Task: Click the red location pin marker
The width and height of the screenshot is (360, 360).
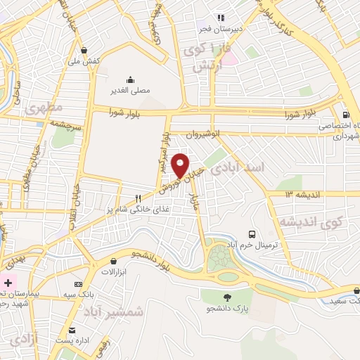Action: [x=181, y=165]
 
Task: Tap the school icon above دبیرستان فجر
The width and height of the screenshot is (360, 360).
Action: [x=221, y=18]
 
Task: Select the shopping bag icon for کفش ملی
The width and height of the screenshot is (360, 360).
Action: [x=84, y=50]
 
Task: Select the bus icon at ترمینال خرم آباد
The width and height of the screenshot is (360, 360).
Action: [x=251, y=233]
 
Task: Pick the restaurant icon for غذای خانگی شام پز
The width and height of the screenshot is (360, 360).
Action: [x=139, y=198]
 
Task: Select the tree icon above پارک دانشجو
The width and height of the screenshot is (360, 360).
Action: [x=226, y=297]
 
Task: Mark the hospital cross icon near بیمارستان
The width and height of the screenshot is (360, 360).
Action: [x=8, y=282]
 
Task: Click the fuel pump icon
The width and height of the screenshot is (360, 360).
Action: [x=345, y=115]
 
